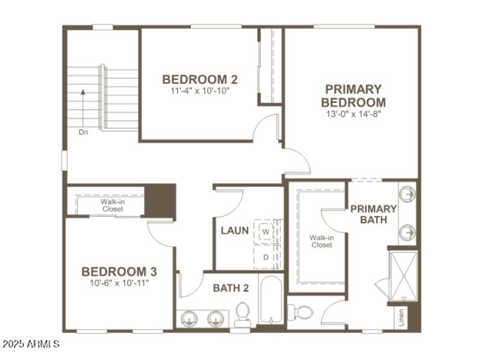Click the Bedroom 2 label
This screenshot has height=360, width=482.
(199, 79)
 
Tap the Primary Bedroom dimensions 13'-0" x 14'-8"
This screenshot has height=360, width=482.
(353, 113)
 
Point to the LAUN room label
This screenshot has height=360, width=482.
(234, 231)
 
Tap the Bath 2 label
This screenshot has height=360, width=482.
(231, 288)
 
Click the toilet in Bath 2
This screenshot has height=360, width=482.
(243, 314)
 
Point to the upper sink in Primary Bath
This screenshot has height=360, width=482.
(407, 194)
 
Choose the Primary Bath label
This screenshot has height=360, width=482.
(374, 214)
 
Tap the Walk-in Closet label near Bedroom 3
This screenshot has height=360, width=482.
(112, 205)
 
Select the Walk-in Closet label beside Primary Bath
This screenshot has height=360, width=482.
(322, 241)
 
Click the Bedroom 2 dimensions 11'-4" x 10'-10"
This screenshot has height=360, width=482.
(199, 91)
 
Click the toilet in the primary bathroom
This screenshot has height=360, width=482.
(302, 312)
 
